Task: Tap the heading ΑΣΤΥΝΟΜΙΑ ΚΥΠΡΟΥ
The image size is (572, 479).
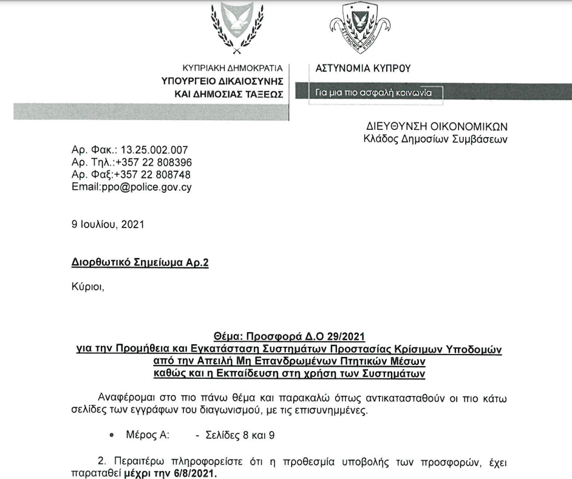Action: [363, 67]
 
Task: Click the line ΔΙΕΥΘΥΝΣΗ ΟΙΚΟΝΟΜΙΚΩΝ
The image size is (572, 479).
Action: [437, 127]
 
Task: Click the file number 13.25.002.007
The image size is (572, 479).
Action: [155, 150]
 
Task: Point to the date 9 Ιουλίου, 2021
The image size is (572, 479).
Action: [108, 225]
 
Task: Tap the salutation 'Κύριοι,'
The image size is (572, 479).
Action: [88, 287]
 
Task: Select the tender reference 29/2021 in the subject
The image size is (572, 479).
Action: [338, 336]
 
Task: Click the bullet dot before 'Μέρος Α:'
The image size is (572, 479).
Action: [111, 436]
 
